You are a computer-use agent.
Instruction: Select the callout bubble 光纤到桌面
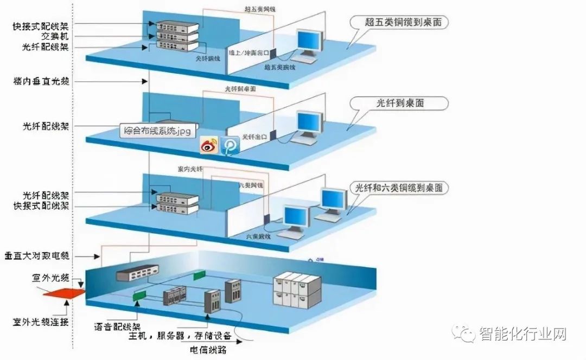[x=399, y=103]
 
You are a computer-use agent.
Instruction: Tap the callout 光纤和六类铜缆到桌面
[x=399, y=188]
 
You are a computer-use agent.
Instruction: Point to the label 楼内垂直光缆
[x=43, y=81]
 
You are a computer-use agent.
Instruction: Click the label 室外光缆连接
[x=41, y=322]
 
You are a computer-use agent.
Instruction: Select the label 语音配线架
[x=117, y=327]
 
